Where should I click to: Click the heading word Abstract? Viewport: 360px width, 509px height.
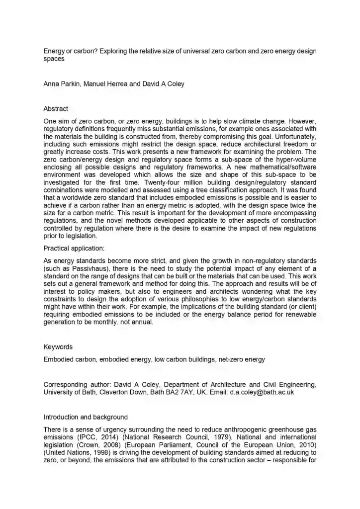pyautogui.click(x=56, y=109)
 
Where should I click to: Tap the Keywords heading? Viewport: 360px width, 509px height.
pyautogui.click(x=58, y=347)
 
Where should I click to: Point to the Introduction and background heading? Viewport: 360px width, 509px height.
pyautogui.click(x=86, y=417)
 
